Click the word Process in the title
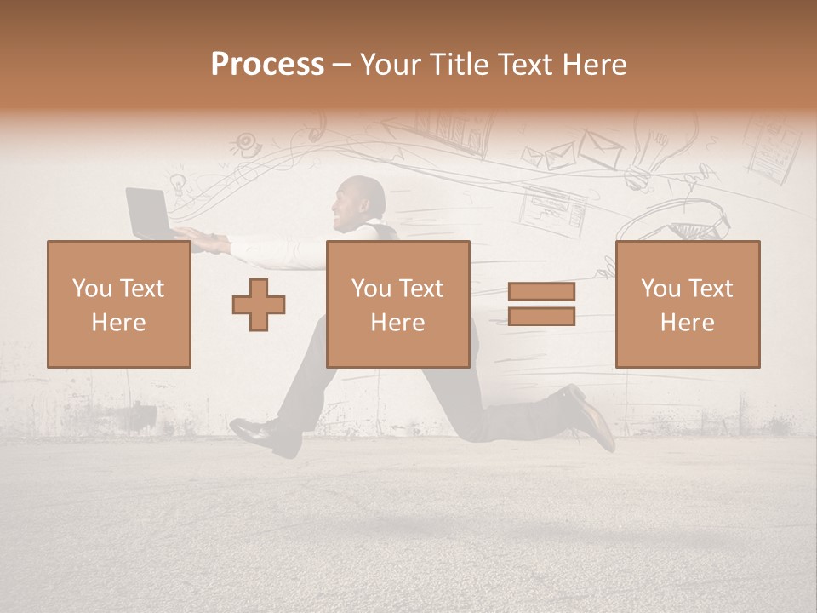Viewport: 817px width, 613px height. pyautogui.click(x=267, y=65)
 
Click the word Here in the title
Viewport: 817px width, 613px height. pyautogui.click(x=597, y=65)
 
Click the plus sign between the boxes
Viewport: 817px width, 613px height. pyautogui.click(x=259, y=304)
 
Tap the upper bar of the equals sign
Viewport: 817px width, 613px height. pyautogui.click(x=541, y=291)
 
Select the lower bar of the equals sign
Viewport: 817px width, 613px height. pyautogui.click(x=541, y=316)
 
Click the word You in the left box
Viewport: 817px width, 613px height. pyautogui.click(x=92, y=288)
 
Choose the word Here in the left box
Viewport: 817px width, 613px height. pyautogui.click(x=118, y=323)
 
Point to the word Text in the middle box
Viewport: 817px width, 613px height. pyautogui.click(x=422, y=288)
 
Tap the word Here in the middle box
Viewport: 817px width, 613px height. pyautogui.click(x=397, y=323)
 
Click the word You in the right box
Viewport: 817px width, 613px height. pyautogui.click(x=660, y=288)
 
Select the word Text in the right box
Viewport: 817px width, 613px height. pyautogui.click(x=711, y=288)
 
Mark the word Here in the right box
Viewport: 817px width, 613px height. pyautogui.click(x=687, y=323)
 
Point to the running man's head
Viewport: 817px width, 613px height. pyautogui.click(x=363, y=201)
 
